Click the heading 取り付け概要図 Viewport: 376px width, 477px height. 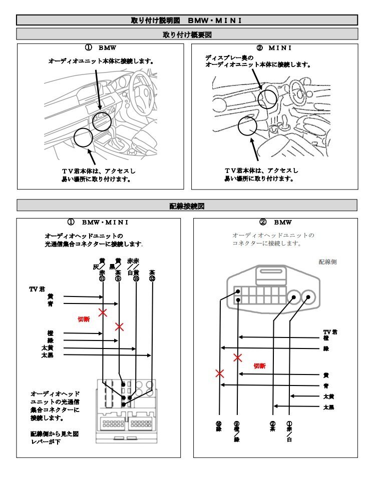187,34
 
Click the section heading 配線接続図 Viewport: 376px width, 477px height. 187,205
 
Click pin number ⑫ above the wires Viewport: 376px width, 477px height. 152,279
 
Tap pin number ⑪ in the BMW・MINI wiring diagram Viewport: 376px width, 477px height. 102,279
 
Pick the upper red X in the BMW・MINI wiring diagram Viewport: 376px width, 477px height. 103,312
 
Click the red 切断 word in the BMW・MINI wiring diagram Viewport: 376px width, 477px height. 84,319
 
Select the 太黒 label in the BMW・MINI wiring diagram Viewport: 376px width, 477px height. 48,355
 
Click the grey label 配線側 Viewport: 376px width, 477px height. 327,261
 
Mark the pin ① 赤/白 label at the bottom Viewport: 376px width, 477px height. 289,431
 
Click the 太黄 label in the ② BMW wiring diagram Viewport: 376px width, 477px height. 328,396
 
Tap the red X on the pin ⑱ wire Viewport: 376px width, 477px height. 219,373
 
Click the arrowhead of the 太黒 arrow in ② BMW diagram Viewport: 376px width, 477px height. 275,406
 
